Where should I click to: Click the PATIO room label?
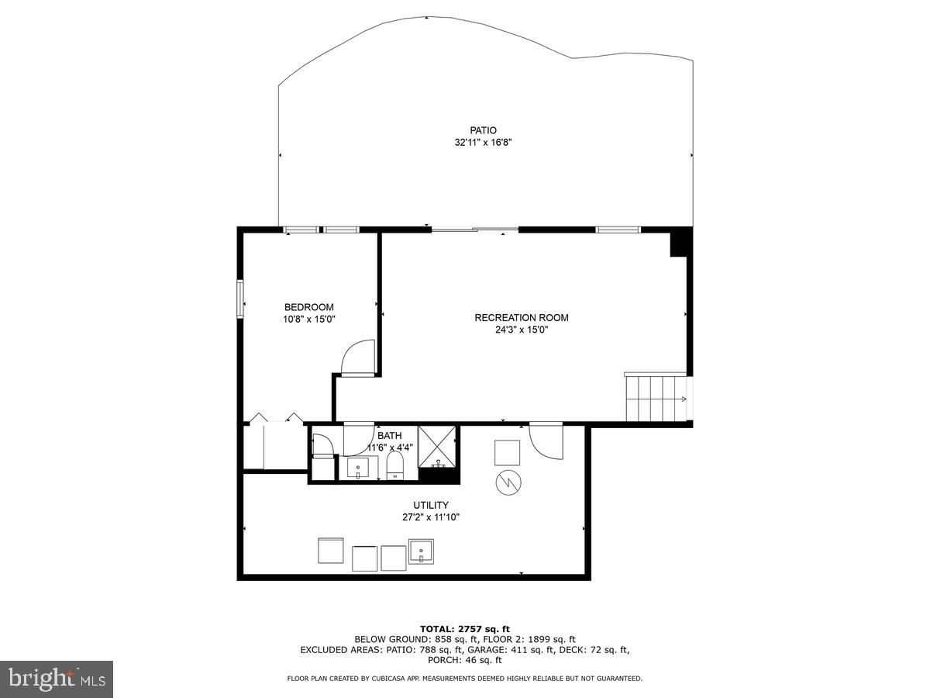483,130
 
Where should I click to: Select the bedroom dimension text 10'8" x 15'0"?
309,319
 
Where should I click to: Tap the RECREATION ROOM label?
522,317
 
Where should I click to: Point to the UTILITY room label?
431,505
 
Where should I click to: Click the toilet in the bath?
395,467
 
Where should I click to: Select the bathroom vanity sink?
357,468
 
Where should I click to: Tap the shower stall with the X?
438,445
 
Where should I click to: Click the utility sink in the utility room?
422,551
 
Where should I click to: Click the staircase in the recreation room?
656,399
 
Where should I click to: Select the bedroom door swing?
355,359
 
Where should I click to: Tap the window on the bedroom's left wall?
241,299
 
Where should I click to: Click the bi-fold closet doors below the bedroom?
274,419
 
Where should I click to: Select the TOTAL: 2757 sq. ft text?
464,628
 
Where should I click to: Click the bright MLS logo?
57,679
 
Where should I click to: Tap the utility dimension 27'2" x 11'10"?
431,517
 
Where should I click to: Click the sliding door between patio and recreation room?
474,229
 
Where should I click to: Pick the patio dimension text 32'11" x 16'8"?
483,143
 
